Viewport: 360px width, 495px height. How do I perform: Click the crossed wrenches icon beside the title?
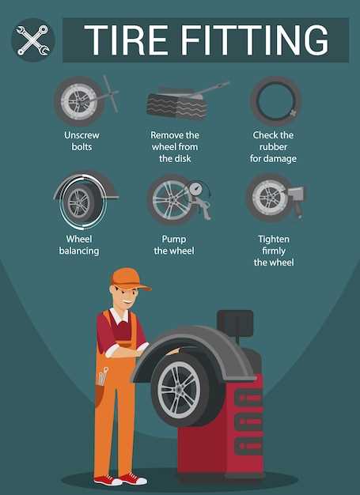pyautogui.click(x=33, y=40)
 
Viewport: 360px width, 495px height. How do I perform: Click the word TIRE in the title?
pyautogui.click(x=126, y=40)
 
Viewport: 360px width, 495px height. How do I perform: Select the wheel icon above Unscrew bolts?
pyautogui.click(x=80, y=101)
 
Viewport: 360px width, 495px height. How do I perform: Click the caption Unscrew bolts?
pyautogui.click(x=81, y=141)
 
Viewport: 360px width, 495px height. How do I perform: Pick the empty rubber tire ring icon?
pyautogui.click(x=275, y=100)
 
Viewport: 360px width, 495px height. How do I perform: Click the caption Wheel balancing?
pyautogui.click(x=79, y=245)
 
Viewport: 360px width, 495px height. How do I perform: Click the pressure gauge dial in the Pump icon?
pyautogui.click(x=197, y=190)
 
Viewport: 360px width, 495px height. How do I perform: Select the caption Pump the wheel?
pyautogui.click(x=174, y=245)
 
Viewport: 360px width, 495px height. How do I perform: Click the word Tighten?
pyautogui.click(x=274, y=240)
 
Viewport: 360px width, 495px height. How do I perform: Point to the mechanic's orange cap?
pyautogui.click(x=129, y=279)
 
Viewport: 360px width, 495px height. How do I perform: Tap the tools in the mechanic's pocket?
pyautogui.click(x=103, y=376)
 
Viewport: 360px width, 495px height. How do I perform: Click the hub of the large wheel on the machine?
pyautogui.click(x=179, y=389)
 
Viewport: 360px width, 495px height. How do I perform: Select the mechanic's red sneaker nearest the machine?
pyautogui.click(x=134, y=478)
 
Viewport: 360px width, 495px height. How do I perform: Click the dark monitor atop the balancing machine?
pyautogui.click(x=235, y=323)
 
